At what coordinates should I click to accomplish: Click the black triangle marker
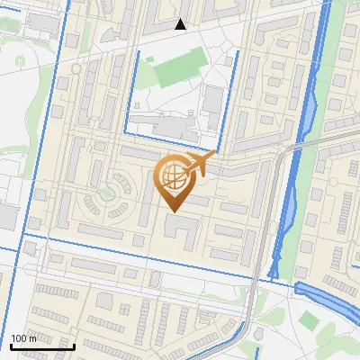pyautogui.click(x=181, y=24)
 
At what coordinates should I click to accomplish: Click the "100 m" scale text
pyautogui.click(x=24, y=338)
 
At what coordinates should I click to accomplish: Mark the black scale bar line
pyautogui.click(x=42, y=346)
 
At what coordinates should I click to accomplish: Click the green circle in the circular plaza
pyautogui.click(x=110, y=190)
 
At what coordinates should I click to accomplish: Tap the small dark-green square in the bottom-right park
pyautogui.click(x=309, y=319)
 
